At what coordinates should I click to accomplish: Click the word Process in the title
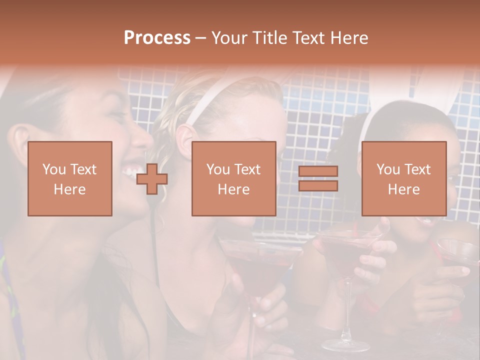pyautogui.click(x=157, y=38)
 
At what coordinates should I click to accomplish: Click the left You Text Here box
pyautogui.click(x=70, y=178)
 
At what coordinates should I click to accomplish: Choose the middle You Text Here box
pyautogui.click(x=234, y=178)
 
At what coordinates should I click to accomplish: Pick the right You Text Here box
pyautogui.click(x=404, y=178)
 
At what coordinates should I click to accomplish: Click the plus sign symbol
pyautogui.click(x=152, y=178)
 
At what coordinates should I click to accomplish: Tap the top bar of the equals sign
pyautogui.click(x=318, y=171)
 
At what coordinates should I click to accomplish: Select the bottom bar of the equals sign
pyautogui.click(x=318, y=185)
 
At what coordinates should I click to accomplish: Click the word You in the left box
pyautogui.click(x=53, y=169)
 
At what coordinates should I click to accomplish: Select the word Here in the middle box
pyautogui.click(x=234, y=189)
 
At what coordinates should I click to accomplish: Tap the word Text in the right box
pyautogui.click(x=417, y=169)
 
